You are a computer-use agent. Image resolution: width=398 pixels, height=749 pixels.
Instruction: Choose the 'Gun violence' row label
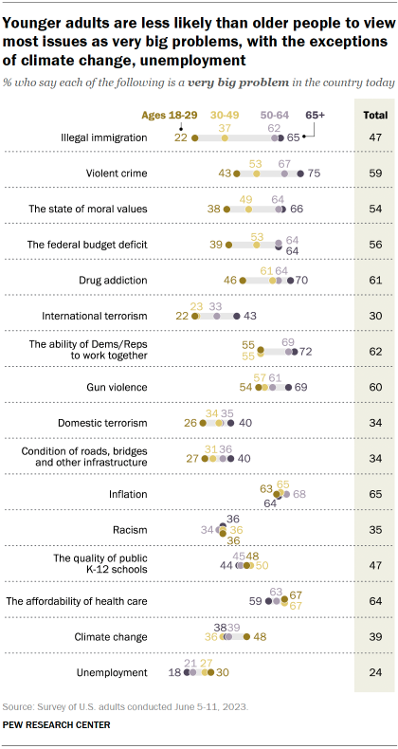click(117, 387)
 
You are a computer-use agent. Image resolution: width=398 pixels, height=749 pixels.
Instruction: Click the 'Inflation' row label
click(127, 494)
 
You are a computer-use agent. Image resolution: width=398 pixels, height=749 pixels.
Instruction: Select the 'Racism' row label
click(130, 529)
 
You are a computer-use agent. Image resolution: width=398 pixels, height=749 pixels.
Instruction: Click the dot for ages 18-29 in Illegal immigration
click(193, 137)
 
